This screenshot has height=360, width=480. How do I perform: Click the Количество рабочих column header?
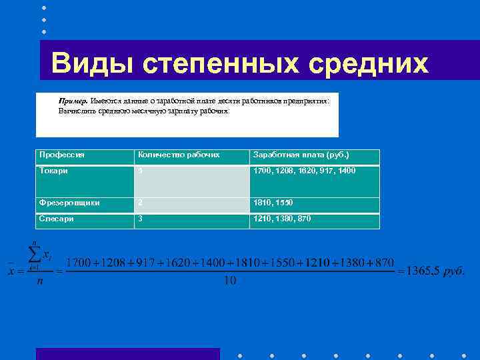179,155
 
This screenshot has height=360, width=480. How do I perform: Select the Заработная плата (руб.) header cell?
301,155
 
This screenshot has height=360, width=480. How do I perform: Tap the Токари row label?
54,171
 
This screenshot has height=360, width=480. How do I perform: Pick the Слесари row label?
57,218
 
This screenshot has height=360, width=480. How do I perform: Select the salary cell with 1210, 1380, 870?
282,218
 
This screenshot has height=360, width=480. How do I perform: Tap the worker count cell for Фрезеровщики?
140,203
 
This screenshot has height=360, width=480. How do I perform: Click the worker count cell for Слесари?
140,218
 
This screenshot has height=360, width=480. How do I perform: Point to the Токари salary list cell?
303,171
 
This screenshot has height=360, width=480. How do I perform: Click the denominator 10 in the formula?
230,281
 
